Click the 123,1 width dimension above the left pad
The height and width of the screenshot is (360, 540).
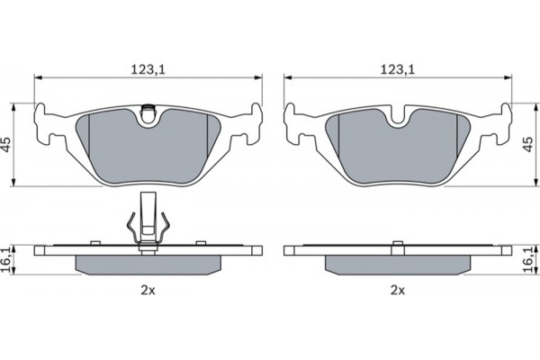[148, 69]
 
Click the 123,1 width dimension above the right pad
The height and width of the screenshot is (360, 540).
[398, 69]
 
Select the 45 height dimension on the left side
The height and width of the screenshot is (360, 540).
[6, 145]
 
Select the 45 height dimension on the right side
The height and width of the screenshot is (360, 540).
[528, 145]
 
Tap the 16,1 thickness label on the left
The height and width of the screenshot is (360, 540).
[6, 260]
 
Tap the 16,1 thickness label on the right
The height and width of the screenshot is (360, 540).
[528, 260]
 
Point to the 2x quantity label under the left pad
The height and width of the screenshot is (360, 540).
[148, 291]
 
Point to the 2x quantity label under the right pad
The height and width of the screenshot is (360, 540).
[398, 291]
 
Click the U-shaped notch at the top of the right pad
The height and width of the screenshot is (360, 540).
[398, 117]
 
